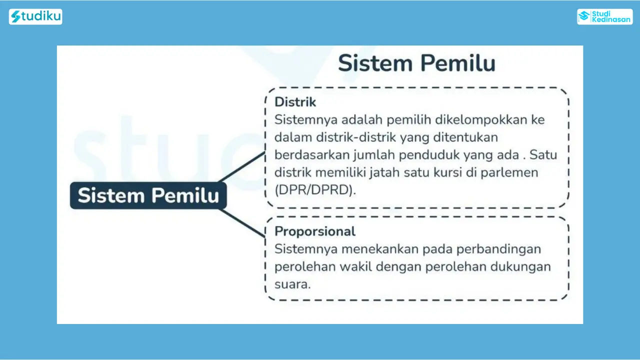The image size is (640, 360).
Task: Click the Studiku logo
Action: coord(35,16)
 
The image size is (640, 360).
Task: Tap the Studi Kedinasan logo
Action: coord(605,16)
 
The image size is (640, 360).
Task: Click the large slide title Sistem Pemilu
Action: coord(416,63)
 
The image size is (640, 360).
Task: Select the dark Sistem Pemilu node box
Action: coord(148,195)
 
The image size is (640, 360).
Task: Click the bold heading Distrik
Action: coord(295,102)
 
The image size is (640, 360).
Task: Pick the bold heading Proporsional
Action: coord(315,231)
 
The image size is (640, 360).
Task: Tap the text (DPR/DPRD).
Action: coord(315,190)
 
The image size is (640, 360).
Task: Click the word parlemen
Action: coord(509,173)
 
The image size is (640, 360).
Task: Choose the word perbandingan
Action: coord(498,249)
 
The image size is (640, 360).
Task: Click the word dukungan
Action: coord(520,267)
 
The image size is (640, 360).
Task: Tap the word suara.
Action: coord(292,284)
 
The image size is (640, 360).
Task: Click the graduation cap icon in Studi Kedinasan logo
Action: coord(584,16)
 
